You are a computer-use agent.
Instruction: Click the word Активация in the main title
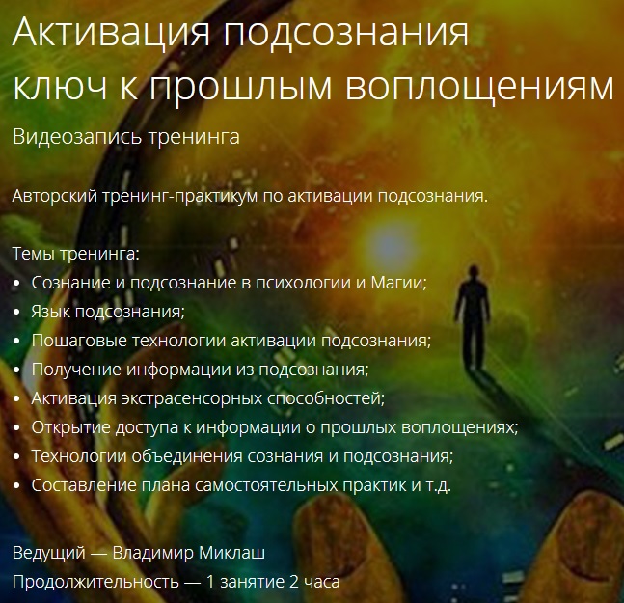(110, 36)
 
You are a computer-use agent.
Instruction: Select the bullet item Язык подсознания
(107, 312)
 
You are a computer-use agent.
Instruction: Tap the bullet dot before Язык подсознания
(19, 313)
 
